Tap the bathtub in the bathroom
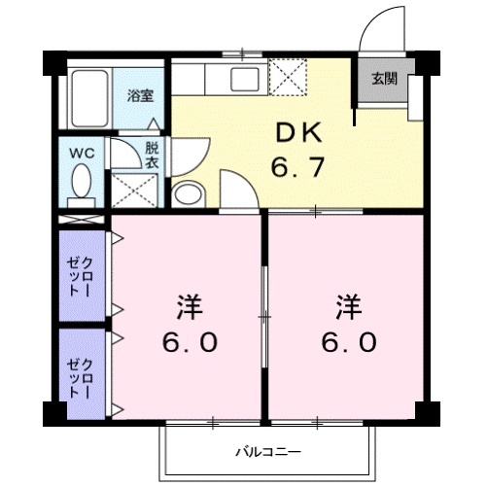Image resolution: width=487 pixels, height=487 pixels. [90, 98]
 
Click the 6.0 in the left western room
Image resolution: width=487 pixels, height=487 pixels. [190, 343]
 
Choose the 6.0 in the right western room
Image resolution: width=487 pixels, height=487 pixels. [348, 343]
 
